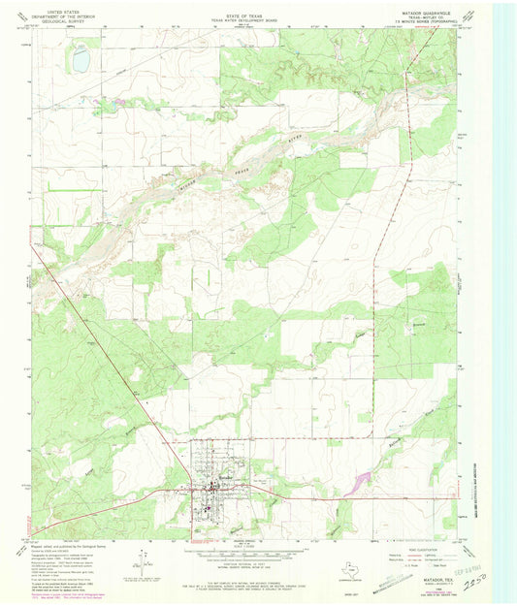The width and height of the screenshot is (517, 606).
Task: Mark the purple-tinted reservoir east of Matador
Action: [x=361, y=479]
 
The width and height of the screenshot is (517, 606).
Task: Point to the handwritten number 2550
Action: [x=449, y=588]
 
